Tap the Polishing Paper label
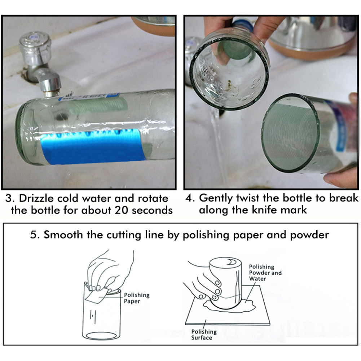136,298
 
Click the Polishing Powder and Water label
265,273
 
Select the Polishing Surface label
203,334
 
